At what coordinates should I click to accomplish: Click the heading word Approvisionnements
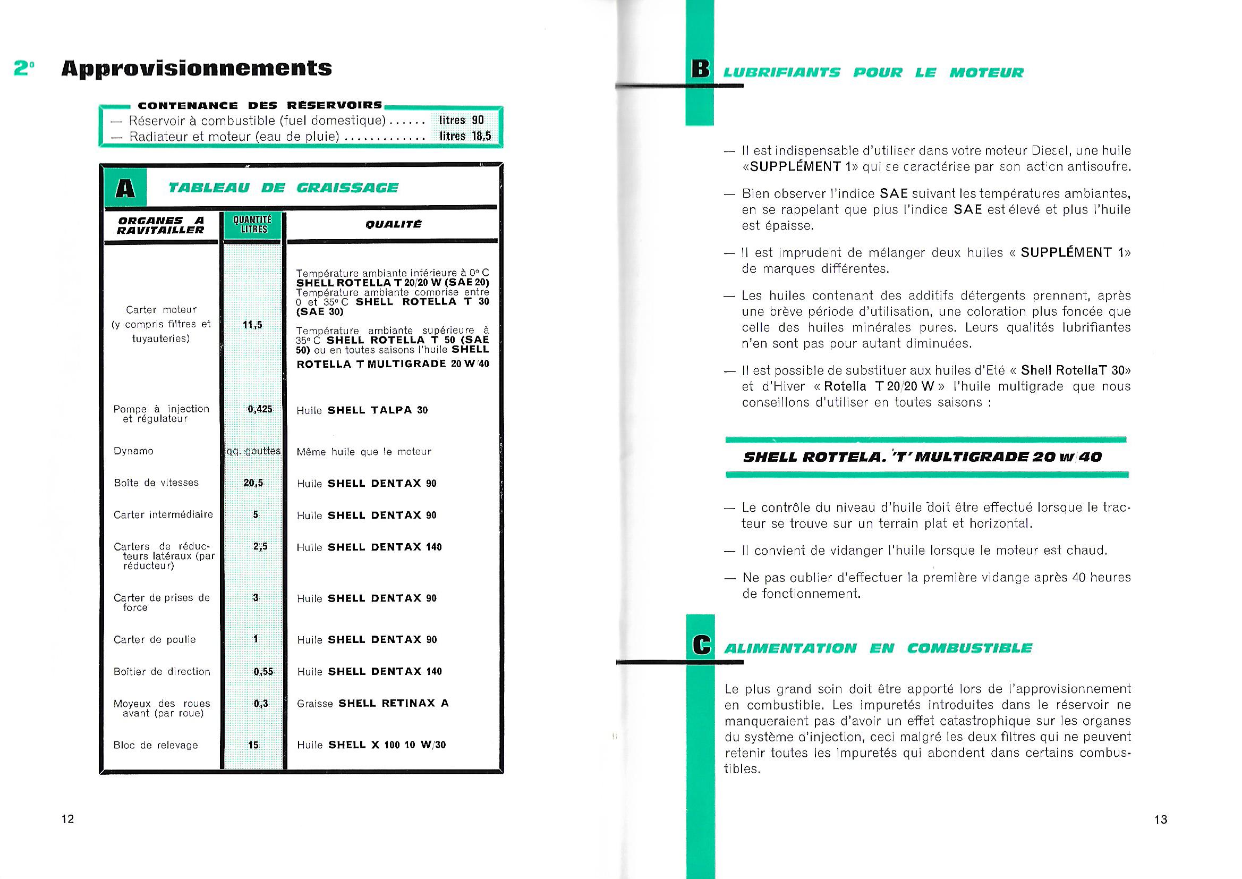point(197,69)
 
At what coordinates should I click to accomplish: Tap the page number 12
point(67,819)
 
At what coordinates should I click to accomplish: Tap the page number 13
point(1161,819)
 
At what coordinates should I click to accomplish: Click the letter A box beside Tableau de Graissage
point(125,188)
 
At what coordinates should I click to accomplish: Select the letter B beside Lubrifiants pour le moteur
point(700,70)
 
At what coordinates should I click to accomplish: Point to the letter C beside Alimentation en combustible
point(701,646)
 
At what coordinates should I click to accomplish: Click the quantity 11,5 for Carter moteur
point(253,325)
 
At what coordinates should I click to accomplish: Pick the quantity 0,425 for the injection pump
point(260,409)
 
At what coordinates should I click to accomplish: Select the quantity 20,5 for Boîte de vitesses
point(253,483)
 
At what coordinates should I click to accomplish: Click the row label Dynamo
point(133,451)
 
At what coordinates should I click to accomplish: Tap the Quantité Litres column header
point(253,224)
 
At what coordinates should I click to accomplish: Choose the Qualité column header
point(393,224)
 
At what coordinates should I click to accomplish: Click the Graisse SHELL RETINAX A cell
point(373,704)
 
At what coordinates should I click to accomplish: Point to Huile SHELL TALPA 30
point(362,410)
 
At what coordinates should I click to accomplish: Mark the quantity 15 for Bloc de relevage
point(253,745)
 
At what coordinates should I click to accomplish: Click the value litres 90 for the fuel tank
point(462,120)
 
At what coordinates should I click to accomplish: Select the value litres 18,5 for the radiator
point(465,136)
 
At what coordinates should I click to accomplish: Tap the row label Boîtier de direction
point(161,672)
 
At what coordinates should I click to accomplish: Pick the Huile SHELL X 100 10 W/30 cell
point(371,745)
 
